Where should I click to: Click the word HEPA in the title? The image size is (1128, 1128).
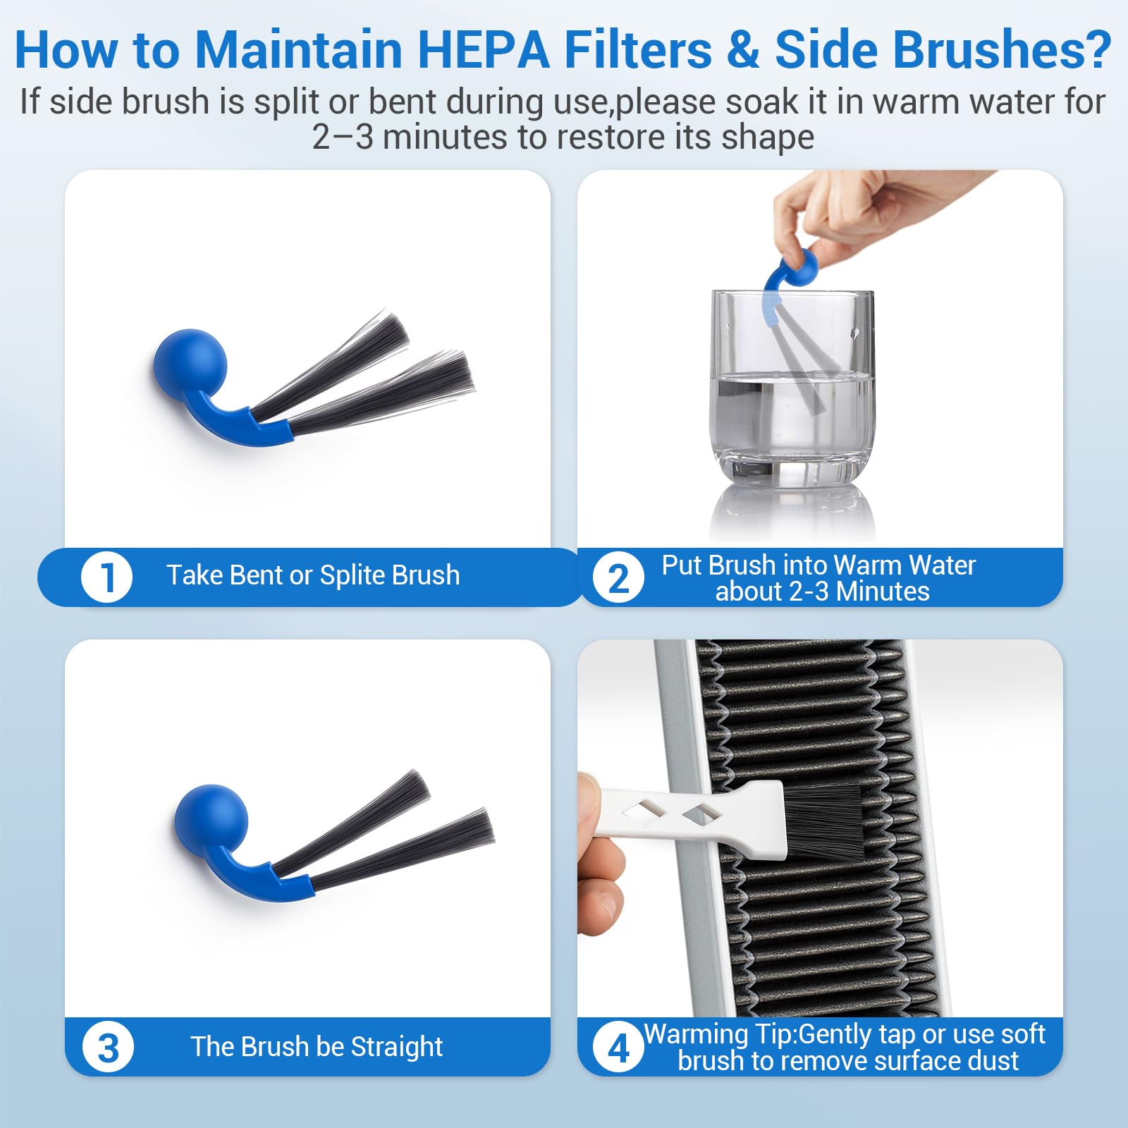pos(484,49)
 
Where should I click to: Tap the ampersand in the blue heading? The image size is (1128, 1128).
pos(744,50)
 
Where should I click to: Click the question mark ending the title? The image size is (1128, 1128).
pos(1097,49)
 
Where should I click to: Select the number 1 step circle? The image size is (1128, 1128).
pos(107,577)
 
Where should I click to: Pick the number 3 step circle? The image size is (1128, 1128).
pos(108,1048)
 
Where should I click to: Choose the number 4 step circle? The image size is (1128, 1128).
pos(618,1048)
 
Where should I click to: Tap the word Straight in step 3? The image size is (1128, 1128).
pos(397,1047)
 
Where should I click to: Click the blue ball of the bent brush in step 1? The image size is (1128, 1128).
pos(190,366)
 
